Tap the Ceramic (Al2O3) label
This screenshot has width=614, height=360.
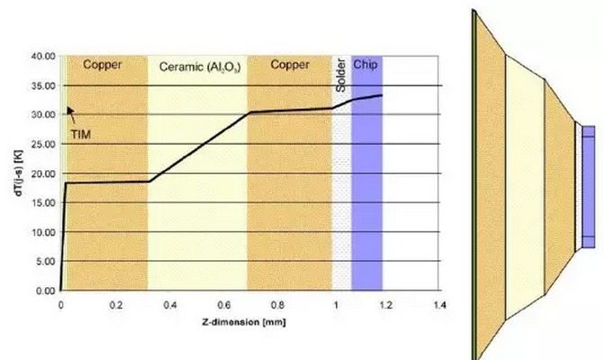point(196,67)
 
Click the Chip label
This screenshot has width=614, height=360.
point(365,65)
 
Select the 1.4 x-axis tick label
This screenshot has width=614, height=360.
point(440,305)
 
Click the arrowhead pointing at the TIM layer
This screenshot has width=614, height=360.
point(68,112)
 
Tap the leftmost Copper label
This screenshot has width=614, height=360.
point(102,65)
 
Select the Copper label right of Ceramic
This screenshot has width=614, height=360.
point(290,65)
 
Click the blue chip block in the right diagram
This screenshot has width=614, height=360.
point(589,186)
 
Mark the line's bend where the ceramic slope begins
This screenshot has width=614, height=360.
point(149,182)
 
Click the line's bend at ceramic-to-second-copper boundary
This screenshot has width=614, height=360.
point(248,112)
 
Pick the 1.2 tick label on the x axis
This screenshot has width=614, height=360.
point(385,305)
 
